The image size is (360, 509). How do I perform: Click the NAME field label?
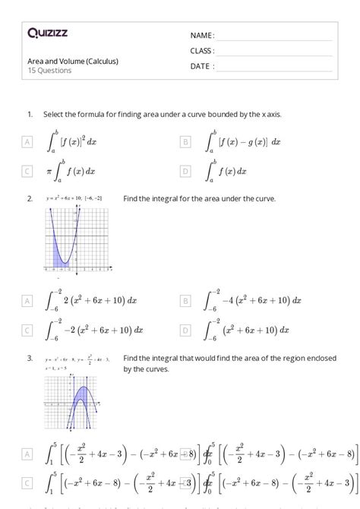(x=202, y=36)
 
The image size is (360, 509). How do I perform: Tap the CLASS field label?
(x=202, y=51)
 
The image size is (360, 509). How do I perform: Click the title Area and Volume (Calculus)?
(x=73, y=61)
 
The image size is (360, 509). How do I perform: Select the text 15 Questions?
(x=49, y=71)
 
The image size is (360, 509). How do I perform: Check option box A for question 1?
(x=28, y=142)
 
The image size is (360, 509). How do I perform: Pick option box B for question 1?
(x=185, y=142)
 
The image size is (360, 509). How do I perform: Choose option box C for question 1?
(x=28, y=172)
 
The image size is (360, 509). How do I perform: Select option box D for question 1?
(x=185, y=172)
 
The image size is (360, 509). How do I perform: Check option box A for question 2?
(x=28, y=301)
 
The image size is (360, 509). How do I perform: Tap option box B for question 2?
(x=185, y=301)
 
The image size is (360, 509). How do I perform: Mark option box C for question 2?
(x=28, y=330)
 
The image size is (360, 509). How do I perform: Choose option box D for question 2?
(x=185, y=330)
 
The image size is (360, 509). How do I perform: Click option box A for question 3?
(x=28, y=454)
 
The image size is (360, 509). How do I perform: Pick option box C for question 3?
(x=28, y=483)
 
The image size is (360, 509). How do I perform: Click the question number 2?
(x=30, y=199)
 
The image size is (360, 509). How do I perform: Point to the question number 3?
(x=30, y=358)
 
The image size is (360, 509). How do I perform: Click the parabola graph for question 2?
(x=79, y=239)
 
